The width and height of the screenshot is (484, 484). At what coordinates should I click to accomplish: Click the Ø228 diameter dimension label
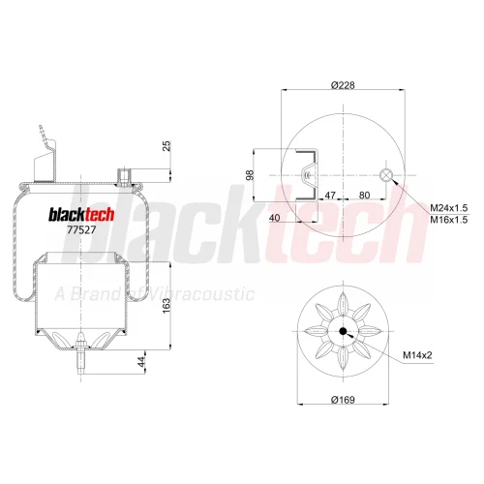[343, 85]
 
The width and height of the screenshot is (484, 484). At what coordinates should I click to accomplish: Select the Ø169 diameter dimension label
[343, 400]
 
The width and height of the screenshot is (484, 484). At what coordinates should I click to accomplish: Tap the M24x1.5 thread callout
[449, 208]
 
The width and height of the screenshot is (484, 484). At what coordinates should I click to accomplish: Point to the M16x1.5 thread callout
[449, 220]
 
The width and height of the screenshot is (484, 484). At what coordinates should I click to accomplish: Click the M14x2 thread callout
[417, 355]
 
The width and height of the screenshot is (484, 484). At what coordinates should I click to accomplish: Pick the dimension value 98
[250, 175]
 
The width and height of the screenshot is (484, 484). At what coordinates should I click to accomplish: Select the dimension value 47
[330, 196]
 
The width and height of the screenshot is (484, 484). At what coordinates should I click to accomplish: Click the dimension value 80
[364, 196]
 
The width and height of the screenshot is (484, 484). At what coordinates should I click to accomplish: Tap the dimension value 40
[274, 218]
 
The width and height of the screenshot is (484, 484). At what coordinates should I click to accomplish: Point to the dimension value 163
[166, 306]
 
